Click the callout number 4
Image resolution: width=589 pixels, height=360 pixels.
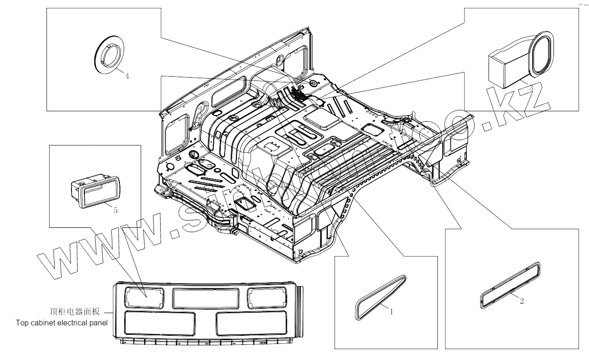coord(127,76)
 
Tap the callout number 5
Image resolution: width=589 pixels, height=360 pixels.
coord(116,211)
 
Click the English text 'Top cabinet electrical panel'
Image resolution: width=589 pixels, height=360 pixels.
coord(62,323)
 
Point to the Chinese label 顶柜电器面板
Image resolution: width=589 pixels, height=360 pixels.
coord(75,312)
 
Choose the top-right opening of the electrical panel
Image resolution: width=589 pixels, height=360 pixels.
coord(266,297)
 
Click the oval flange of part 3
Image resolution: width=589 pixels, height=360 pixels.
coord(540,53)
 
